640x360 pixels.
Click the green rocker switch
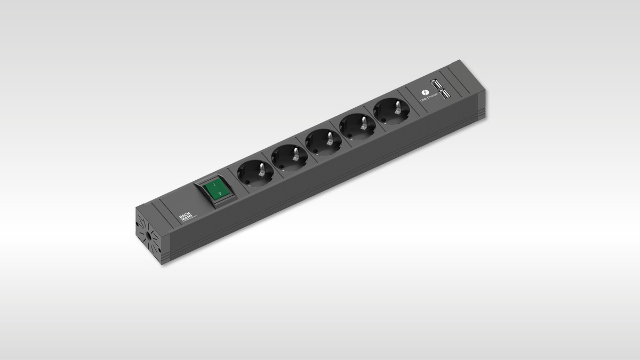(x=215, y=191)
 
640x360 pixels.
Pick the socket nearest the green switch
(x=255, y=172)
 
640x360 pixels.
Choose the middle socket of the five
(x=324, y=142)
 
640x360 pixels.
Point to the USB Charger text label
(x=429, y=97)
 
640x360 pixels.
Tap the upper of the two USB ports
(x=436, y=84)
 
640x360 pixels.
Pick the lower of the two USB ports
(x=444, y=94)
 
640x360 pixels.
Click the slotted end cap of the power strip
(x=148, y=236)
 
